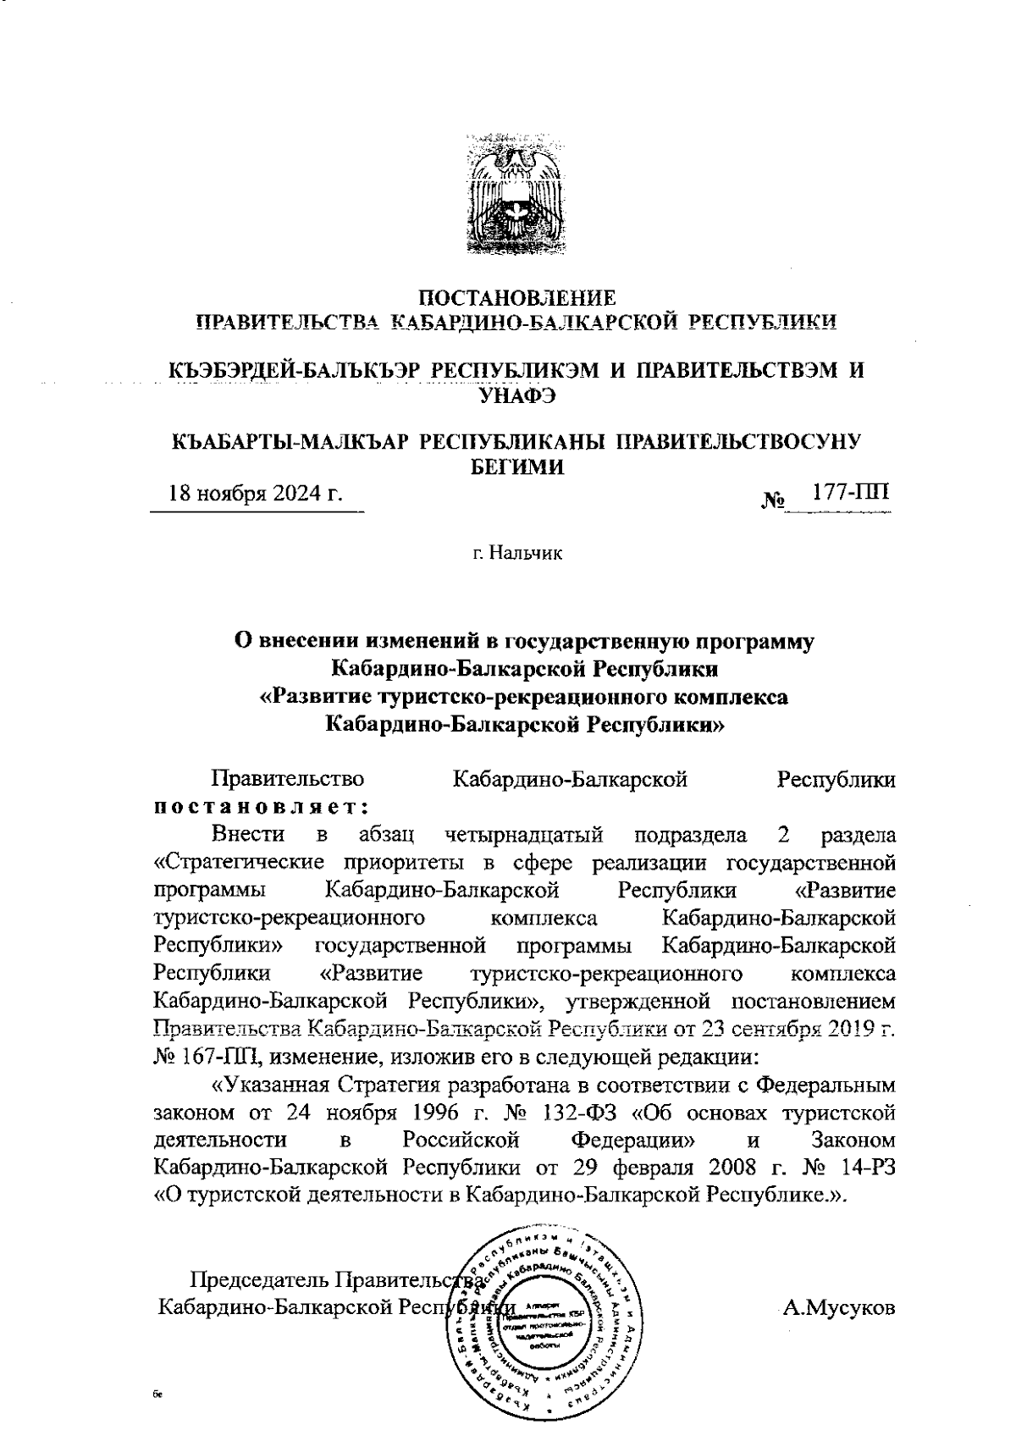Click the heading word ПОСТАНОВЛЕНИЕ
pos(518,299)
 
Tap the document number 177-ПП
pos(850,491)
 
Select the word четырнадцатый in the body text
pos(524,835)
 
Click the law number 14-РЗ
pos(866,1166)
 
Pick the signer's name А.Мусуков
pos(838,1308)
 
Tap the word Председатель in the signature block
pos(259,1279)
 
